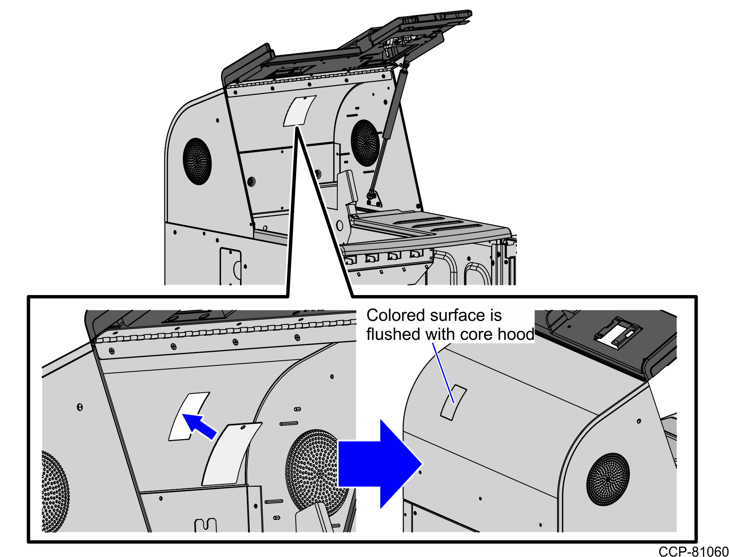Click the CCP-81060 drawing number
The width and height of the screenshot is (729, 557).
[x=693, y=551]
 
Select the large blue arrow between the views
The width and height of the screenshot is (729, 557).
[x=379, y=464]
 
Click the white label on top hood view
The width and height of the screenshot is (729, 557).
[x=299, y=111]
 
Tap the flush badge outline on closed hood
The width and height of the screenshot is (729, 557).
[x=453, y=403]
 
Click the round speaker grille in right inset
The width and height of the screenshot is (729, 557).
[x=608, y=479]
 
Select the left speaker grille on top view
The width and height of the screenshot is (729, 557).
[x=197, y=161]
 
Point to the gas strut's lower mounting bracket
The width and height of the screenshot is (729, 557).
[x=373, y=198]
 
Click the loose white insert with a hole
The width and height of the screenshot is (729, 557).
[x=231, y=454]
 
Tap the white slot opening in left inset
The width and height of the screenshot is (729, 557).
[x=188, y=417]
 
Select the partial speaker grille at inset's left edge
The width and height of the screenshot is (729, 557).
[x=54, y=490]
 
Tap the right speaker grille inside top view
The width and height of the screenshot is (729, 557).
[x=365, y=142]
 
